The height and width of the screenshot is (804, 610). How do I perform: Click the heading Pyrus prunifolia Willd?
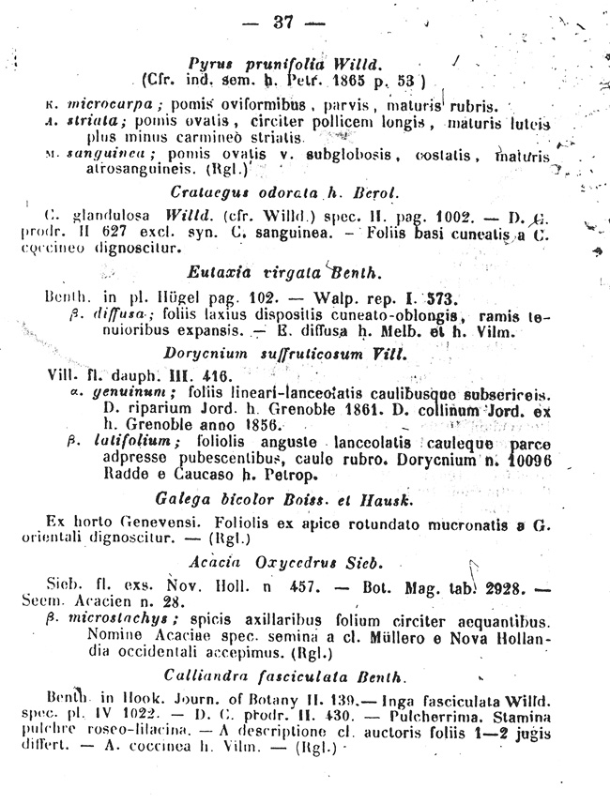tap(282, 64)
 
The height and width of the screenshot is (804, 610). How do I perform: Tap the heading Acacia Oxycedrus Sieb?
tap(285, 562)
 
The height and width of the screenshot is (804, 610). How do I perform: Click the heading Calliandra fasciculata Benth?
tap(284, 675)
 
